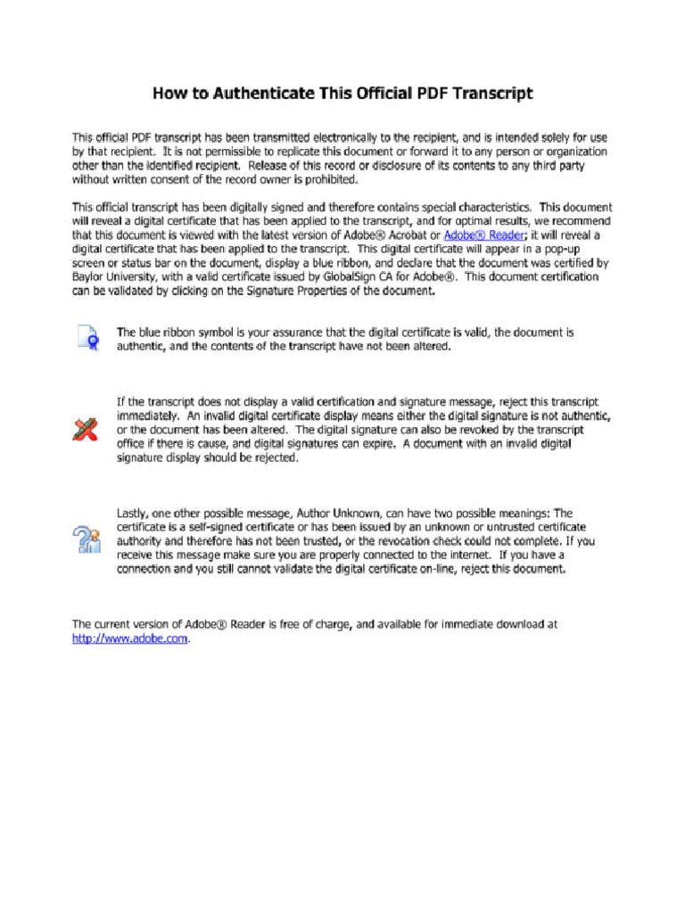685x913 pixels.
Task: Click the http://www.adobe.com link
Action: [130, 638]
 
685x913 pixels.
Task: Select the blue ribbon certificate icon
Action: [87, 339]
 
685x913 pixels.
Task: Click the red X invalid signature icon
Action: [86, 430]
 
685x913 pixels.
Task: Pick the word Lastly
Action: [135, 513]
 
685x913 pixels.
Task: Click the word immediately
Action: [148, 416]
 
